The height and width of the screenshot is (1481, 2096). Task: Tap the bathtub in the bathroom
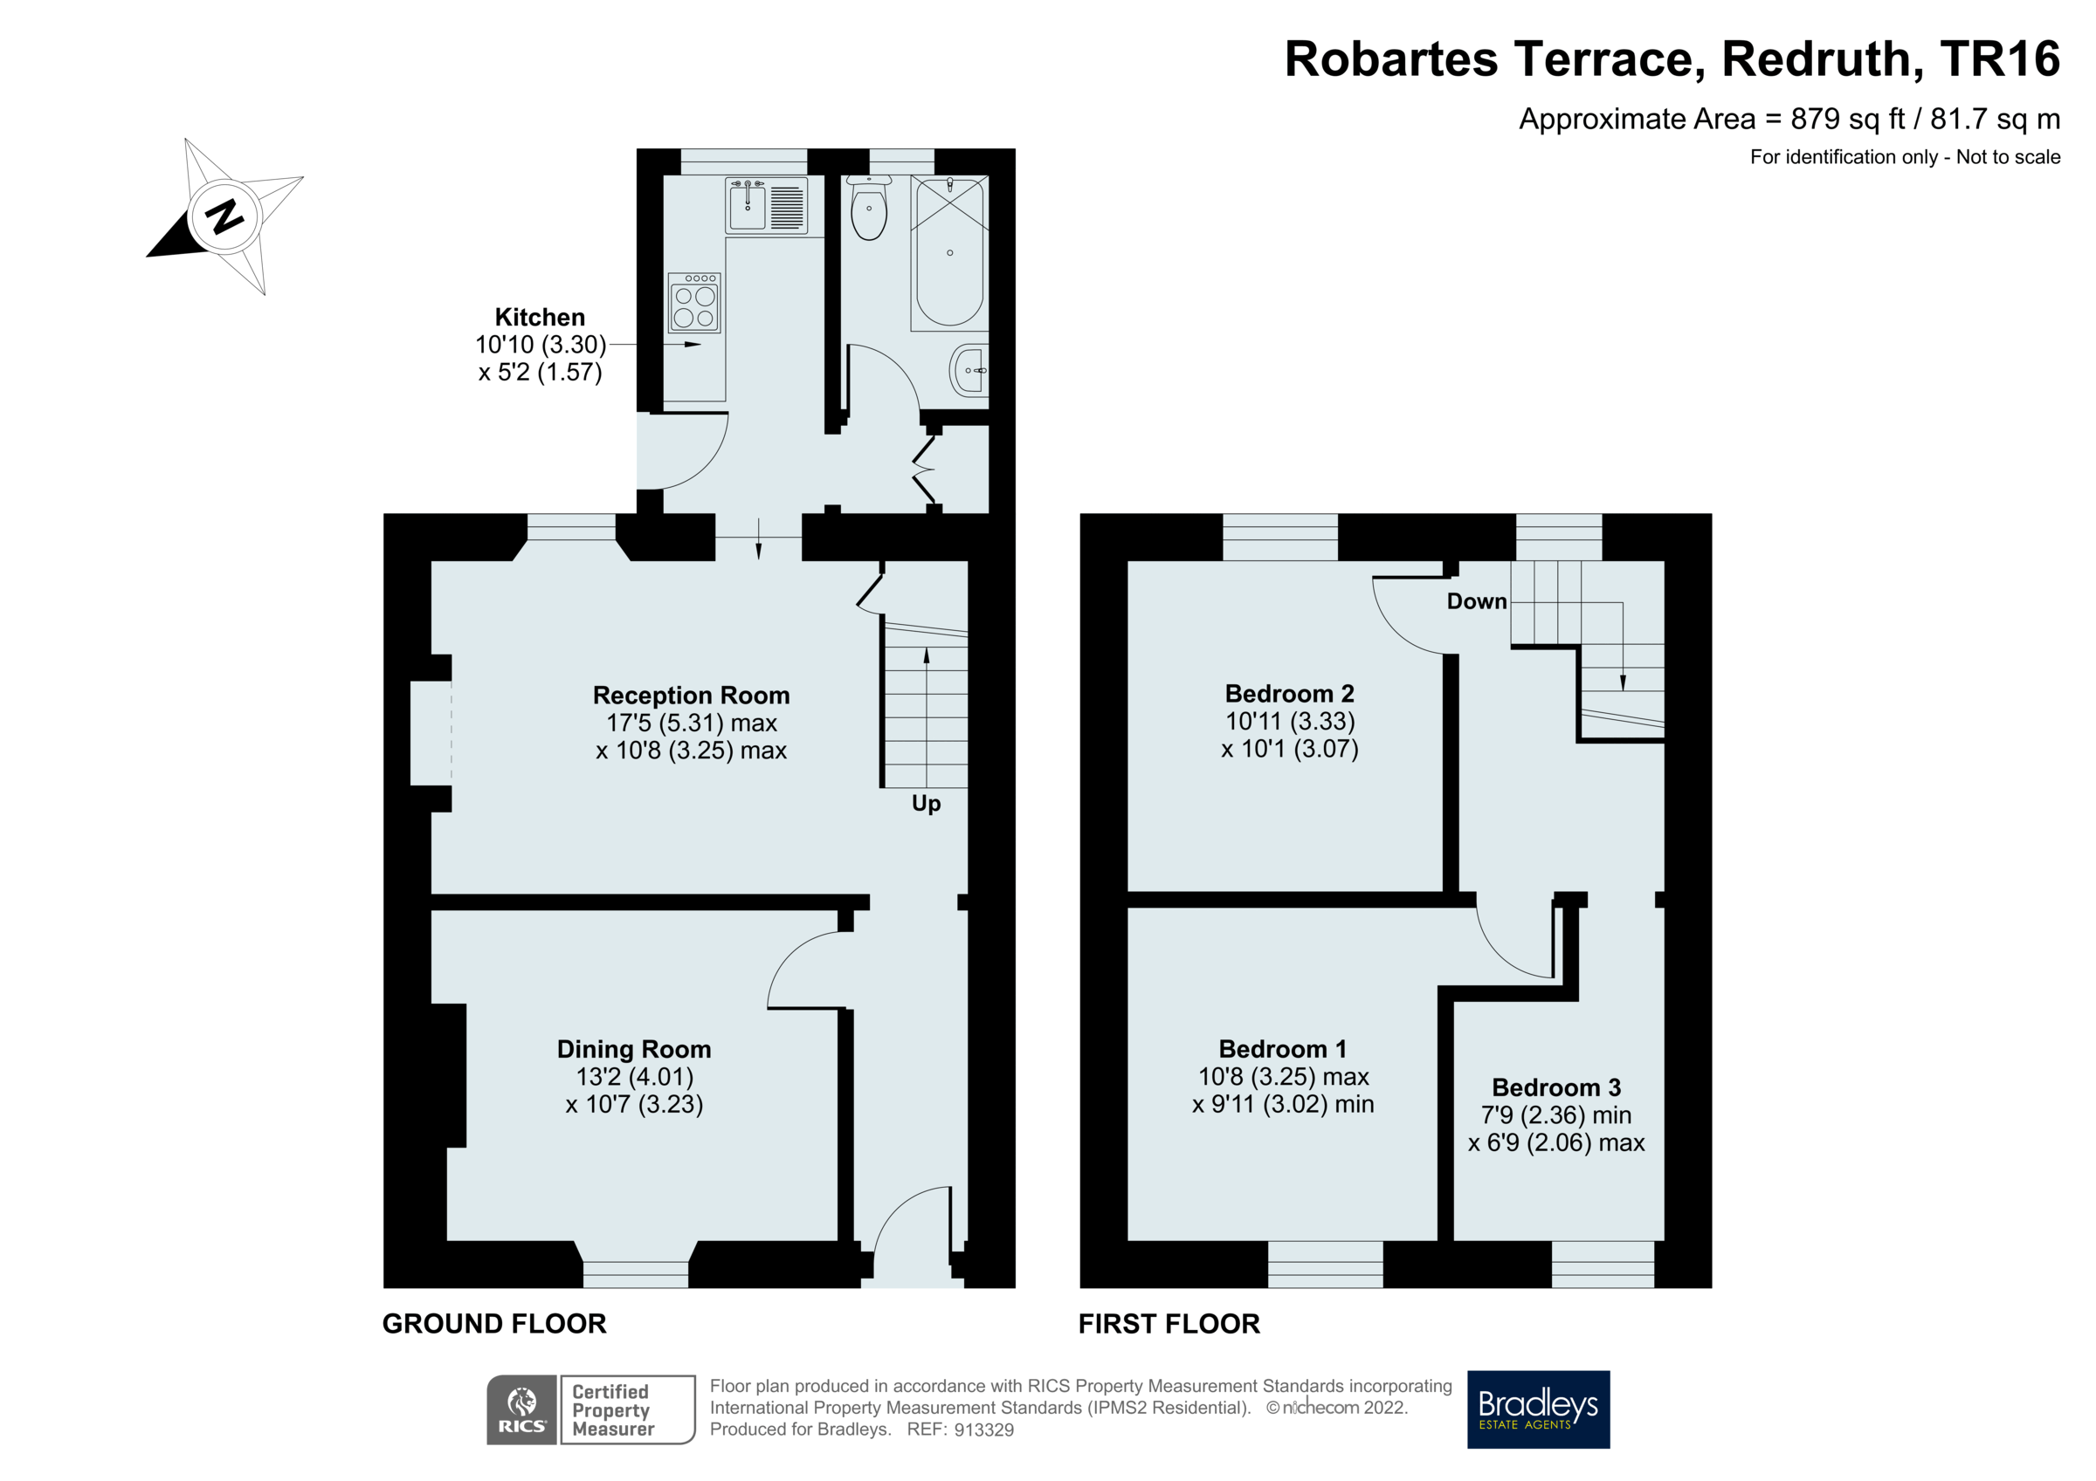(949, 253)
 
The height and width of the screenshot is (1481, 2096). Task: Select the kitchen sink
(748, 205)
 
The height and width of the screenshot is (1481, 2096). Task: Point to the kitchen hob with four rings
(694, 303)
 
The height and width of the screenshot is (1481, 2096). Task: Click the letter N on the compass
(224, 217)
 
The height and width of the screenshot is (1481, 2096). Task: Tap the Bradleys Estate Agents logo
(1538, 1409)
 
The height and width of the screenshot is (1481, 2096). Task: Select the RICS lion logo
(522, 1409)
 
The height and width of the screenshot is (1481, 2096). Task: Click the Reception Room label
(691, 696)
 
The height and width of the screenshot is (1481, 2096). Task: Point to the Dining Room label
(633, 1049)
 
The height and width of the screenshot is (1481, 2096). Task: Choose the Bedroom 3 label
(1555, 1087)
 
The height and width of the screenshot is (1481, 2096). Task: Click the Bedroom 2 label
(1289, 694)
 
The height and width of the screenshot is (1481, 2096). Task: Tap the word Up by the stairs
(926, 804)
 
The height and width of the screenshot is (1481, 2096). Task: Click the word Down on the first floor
(1476, 601)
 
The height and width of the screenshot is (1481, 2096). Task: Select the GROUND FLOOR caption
(494, 1324)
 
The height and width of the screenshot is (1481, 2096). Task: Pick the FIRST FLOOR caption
(1169, 1324)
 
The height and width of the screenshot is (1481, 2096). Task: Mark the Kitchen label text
(540, 318)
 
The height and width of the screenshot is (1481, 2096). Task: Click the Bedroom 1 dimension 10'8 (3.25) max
(1283, 1077)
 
